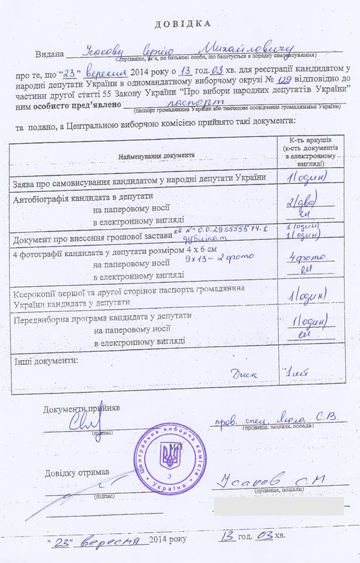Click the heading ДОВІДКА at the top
pos(182,24)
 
